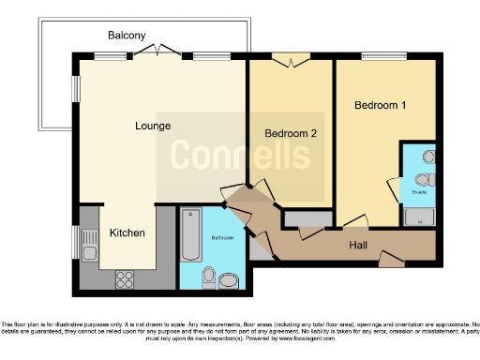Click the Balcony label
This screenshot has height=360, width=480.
click(127, 35)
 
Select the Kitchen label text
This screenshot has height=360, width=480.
click(127, 232)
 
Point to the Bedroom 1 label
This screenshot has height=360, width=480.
click(380, 105)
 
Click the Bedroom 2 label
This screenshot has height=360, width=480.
click(291, 134)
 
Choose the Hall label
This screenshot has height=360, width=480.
click(358, 244)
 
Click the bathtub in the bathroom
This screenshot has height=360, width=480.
click(190, 235)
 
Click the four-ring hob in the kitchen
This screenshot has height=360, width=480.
click(126, 277)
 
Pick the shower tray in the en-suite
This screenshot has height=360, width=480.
click(419, 217)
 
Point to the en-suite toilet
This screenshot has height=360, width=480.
click(423, 180)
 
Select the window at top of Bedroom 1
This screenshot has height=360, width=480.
click(377, 58)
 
